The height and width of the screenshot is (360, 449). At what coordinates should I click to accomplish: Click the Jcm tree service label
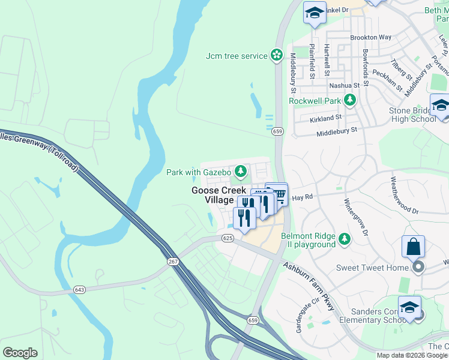point(237,56)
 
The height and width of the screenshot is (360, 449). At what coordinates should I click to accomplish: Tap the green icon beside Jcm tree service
point(277,56)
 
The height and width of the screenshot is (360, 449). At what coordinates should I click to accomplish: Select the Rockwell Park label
point(314,101)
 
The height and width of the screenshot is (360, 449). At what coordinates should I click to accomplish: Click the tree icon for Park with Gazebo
point(241,172)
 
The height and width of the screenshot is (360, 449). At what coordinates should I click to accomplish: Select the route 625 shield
point(227,238)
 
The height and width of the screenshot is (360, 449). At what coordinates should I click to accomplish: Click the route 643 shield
point(79,290)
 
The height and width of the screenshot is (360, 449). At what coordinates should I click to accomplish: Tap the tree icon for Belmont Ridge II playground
point(345,239)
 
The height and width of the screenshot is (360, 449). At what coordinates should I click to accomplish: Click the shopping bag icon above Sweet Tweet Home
point(414,247)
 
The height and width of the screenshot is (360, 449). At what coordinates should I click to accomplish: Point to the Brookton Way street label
point(371,37)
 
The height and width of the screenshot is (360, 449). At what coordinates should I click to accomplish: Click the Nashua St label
point(345,85)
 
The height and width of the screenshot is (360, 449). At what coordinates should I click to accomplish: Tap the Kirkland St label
point(325,119)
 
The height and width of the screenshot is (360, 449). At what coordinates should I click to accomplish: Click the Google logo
point(20,353)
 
